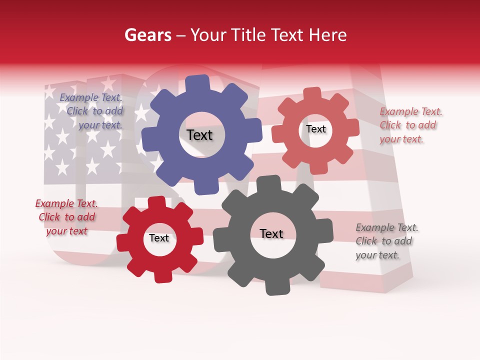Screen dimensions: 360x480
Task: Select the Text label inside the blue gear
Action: (x=199, y=135)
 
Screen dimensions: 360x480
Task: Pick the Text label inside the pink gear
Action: (x=315, y=129)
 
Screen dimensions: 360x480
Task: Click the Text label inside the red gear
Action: (x=159, y=238)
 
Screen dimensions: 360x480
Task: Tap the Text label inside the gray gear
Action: (x=271, y=233)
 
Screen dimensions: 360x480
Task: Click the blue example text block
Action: (x=92, y=111)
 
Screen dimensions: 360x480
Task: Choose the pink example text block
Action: (x=410, y=125)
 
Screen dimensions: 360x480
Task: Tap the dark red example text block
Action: (x=66, y=217)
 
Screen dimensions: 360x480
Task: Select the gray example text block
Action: (x=386, y=241)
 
